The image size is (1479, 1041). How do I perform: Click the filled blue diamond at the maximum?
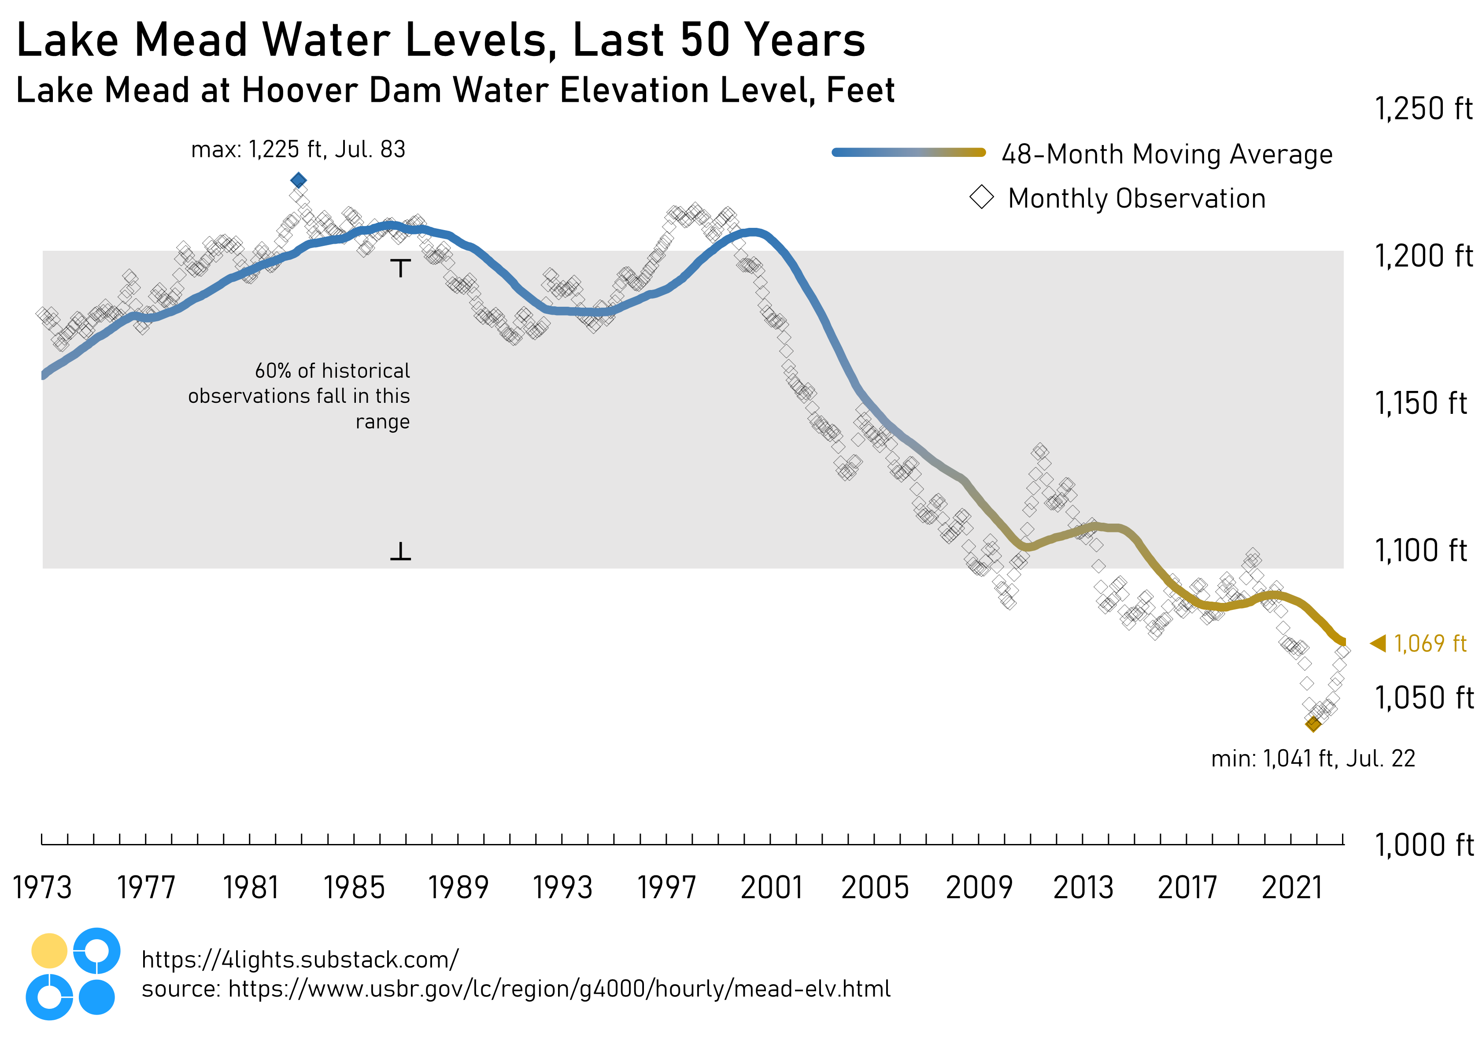298,180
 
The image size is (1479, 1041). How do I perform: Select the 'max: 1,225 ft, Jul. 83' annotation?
298,149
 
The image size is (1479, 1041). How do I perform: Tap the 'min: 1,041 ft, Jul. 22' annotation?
1313,758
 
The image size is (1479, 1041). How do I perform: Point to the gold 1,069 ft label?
1430,643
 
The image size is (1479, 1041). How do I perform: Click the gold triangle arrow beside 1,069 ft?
1378,643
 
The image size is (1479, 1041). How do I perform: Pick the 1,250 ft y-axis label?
1423,108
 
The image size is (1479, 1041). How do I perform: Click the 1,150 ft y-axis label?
1420,404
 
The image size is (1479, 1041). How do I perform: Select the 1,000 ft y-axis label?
1423,845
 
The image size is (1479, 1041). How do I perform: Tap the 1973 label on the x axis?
43,888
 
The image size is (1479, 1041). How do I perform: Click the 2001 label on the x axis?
771,888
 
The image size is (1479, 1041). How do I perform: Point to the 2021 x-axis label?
1291,888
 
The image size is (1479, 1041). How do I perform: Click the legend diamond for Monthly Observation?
982,197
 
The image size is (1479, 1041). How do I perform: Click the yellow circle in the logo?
49,951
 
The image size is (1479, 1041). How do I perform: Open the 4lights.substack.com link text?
299,960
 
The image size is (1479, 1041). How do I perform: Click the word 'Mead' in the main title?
191,40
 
